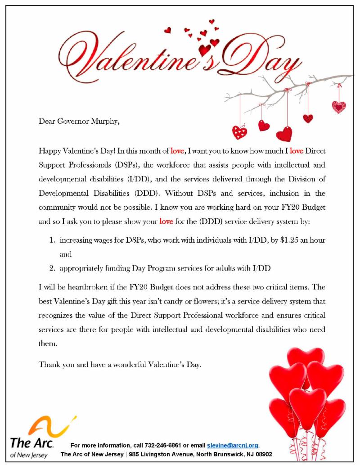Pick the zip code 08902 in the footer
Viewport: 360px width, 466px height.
[262, 454]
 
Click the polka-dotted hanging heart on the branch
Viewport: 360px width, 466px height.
[239, 131]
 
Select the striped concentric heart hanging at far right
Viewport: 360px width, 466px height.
[338, 107]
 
